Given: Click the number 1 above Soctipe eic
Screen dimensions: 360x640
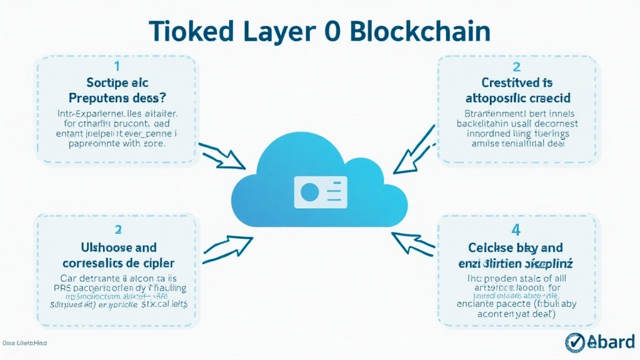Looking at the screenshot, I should click(x=116, y=66).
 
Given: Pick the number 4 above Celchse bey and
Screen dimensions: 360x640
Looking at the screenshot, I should click(x=516, y=231).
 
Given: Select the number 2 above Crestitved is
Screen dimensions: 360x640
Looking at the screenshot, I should click(x=516, y=66).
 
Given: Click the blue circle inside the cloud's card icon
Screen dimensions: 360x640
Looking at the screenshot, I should click(x=309, y=191).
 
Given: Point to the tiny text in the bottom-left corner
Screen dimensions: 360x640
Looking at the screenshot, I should click(x=24, y=343).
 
